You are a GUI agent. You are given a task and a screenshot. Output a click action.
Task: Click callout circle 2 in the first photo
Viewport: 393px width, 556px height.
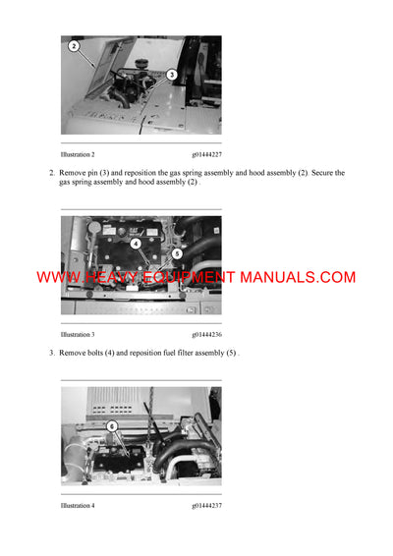tap(74, 45)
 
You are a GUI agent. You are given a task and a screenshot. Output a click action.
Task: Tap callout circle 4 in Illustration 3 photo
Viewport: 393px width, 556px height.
tap(136, 242)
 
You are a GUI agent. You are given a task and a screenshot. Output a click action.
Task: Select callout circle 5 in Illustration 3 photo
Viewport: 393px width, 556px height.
tap(178, 252)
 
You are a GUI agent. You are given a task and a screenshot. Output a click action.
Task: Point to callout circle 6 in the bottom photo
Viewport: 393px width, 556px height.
tap(112, 426)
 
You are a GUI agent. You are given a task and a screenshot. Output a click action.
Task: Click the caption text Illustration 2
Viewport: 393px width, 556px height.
tap(78, 154)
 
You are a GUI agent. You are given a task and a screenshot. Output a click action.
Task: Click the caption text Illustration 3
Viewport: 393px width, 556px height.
tap(78, 335)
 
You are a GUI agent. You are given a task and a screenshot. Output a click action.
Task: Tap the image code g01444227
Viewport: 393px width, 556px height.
tap(207, 154)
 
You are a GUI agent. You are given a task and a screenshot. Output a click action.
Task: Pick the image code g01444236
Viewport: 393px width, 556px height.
tap(207, 335)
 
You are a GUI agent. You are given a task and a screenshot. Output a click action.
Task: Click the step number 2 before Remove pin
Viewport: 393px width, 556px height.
tap(51, 173)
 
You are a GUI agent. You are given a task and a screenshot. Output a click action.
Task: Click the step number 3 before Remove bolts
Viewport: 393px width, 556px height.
tap(51, 353)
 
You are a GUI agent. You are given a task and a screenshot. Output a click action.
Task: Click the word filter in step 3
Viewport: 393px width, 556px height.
tap(183, 353)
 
